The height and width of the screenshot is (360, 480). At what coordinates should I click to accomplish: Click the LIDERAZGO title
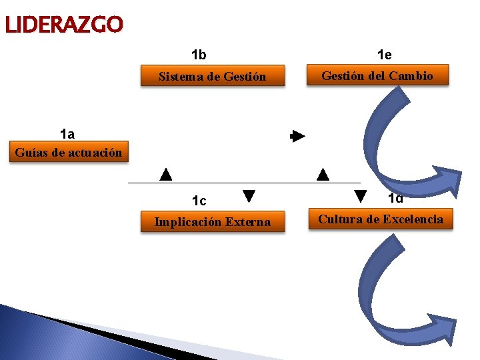click(x=63, y=25)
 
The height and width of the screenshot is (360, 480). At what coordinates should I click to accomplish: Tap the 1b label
click(x=199, y=55)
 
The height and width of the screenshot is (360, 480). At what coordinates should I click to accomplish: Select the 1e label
click(x=384, y=55)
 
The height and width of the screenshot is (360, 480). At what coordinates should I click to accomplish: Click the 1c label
click(x=199, y=201)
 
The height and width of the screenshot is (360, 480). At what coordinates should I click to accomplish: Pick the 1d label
click(x=395, y=198)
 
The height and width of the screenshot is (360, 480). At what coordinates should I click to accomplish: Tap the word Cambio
click(x=411, y=76)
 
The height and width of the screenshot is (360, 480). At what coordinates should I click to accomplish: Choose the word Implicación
click(x=188, y=222)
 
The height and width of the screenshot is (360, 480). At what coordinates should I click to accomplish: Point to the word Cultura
click(x=339, y=219)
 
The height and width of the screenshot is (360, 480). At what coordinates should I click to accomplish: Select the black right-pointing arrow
click(x=297, y=137)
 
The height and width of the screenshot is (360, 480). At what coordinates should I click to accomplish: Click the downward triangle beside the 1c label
click(x=249, y=196)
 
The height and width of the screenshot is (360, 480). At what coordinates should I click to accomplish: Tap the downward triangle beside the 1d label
click(x=360, y=197)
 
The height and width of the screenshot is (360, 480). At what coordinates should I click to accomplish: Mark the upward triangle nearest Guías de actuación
click(x=166, y=175)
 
